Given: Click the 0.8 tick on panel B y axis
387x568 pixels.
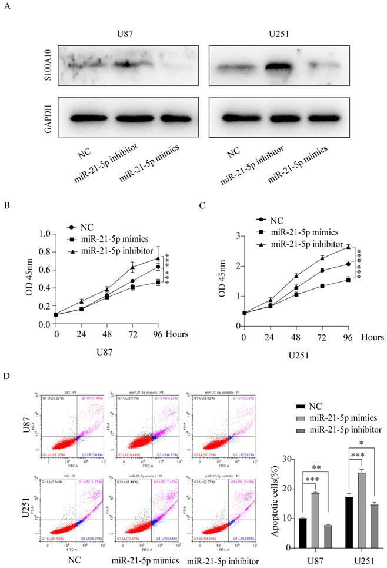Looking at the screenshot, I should click(44, 251).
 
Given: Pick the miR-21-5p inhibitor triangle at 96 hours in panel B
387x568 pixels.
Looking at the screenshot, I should click(158, 258).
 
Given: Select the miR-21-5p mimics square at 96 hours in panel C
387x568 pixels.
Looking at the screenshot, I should click(348, 280).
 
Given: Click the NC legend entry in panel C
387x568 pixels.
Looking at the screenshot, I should click(276, 221).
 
